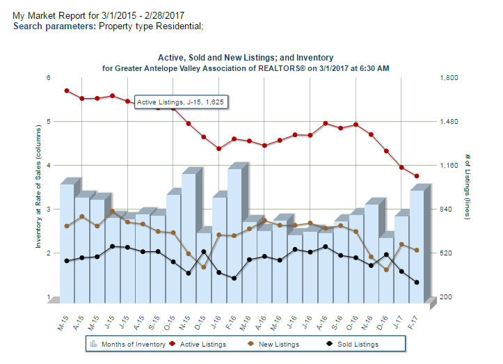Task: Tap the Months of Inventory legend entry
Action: [x=132, y=344]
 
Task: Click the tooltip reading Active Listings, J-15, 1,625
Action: [x=181, y=102]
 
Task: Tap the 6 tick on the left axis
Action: [x=49, y=78]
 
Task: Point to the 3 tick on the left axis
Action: [x=49, y=209]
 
